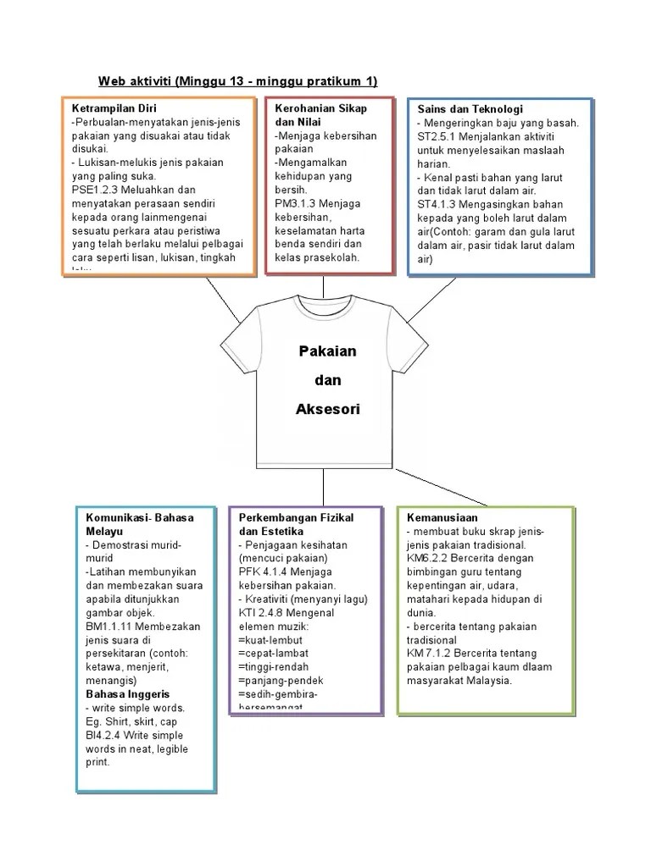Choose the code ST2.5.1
[437, 136]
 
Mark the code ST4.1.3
[437, 204]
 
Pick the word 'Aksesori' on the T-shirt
[328, 409]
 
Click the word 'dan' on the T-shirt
[328, 380]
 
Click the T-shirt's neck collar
[326, 306]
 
